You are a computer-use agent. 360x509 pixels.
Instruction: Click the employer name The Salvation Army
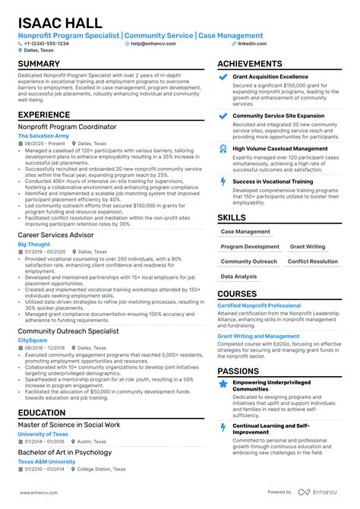pyautogui.click(x=43, y=136)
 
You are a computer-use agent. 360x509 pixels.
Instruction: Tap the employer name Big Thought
pyautogui.click(x=33, y=245)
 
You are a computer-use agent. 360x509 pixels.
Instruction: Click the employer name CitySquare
pyautogui.click(x=32, y=341)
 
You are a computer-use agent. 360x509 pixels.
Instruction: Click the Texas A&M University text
pyautogui.click(x=46, y=461)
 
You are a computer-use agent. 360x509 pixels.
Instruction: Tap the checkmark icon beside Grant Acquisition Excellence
pyautogui.click(x=223, y=77)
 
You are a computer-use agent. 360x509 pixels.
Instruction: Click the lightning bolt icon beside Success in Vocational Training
pyautogui.click(x=223, y=182)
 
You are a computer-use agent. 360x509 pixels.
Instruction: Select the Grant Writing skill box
pyautogui.click(x=308, y=247)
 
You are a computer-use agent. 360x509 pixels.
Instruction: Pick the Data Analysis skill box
pyautogui.click(x=238, y=277)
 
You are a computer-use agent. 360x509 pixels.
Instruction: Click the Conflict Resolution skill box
pyautogui.click(x=313, y=261)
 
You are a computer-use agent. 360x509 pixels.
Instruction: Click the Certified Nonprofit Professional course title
pyautogui.click(x=259, y=305)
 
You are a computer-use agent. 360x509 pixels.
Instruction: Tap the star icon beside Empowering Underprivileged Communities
pyautogui.click(x=223, y=384)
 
